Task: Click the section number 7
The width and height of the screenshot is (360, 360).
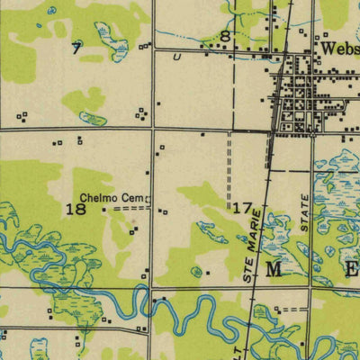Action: click(x=76, y=48)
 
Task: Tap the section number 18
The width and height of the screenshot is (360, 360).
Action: click(x=76, y=210)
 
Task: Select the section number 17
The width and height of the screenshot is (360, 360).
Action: click(x=241, y=208)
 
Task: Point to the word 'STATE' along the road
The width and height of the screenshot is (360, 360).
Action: click(x=305, y=216)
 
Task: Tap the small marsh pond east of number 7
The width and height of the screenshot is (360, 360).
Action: click(x=112, y=38)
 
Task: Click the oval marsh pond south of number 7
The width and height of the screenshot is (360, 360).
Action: click(x=92, y=117)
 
